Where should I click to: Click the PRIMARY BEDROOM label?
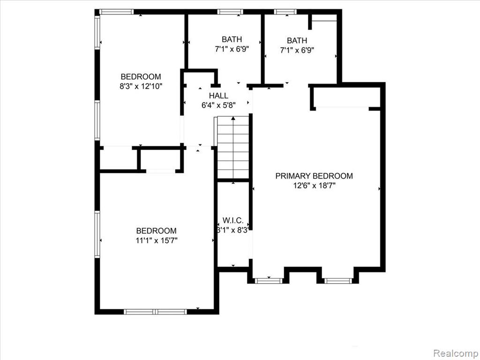click(314, 176)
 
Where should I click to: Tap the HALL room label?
click(218, 96)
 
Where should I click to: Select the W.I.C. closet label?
click(233, 220)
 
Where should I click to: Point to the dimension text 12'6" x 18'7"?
click(315, 186)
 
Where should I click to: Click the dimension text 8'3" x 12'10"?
click(141, 86)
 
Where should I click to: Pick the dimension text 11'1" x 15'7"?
click(157, 240)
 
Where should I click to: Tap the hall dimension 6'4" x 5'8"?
click(218, 105)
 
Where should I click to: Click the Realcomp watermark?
click(456, 353)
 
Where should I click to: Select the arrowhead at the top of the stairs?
click(233, 118)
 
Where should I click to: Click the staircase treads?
click(233, 147)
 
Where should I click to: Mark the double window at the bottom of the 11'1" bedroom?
click(155, 312)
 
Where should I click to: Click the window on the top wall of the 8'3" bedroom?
click(116, 12)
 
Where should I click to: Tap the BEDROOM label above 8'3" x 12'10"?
click(141, 76)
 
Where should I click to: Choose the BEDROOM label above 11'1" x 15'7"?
click(157, 231)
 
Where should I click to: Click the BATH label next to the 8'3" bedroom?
click(232, 39)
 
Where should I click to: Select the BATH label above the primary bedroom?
click(297, 40)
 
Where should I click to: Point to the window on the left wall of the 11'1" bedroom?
click(97, 234)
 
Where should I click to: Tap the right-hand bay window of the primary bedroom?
click(338, 281)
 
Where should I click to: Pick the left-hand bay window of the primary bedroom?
click(269, 281)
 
